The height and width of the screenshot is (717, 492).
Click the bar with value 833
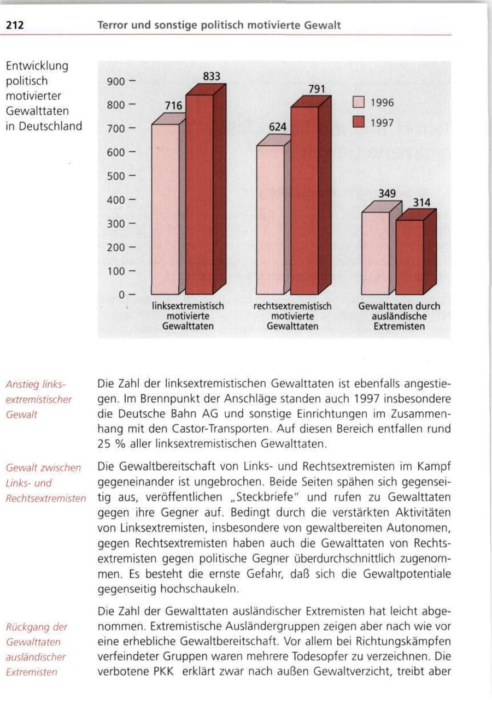200,194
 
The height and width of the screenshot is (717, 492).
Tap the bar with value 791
304,199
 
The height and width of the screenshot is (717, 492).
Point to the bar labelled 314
409,257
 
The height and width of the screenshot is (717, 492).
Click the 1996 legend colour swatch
359,103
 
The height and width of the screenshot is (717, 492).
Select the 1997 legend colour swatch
359,123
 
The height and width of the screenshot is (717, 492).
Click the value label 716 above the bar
173,106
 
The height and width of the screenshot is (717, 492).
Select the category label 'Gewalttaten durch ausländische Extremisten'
399,316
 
